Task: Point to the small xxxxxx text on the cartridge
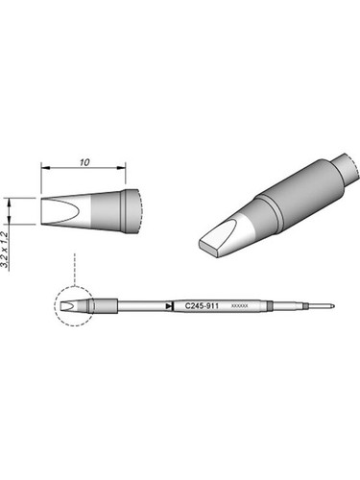tap(240, 305)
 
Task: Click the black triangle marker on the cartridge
tap(169, 306)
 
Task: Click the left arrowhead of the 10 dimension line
tap(44, 172)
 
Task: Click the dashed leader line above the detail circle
tap(73, 269)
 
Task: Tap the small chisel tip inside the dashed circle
tap(69, 307)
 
